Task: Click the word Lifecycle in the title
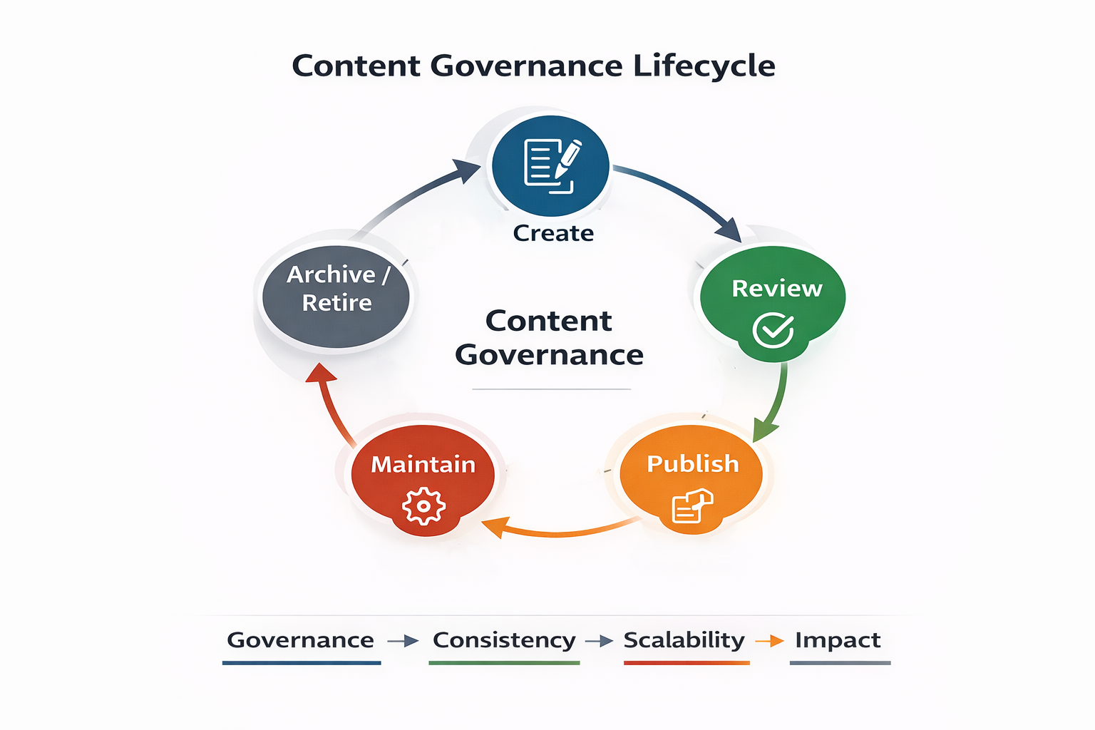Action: tap(704, 66)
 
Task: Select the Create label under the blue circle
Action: tap(553, 233)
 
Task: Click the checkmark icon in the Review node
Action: tap(773, 330)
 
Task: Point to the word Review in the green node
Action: tap(777, 288)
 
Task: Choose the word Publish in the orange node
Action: tap(693, 463)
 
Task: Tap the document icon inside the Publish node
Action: tap(692, 506)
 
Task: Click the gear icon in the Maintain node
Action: tap(423, 506)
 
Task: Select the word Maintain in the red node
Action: tap(423, 464)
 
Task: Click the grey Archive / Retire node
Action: tap(336, 296)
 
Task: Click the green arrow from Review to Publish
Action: tap(775, 403)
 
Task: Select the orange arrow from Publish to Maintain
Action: tap(556, 530)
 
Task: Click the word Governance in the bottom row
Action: tap(300, 640)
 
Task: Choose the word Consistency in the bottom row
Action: tap(504, 640)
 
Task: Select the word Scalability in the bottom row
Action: tap(684, 640)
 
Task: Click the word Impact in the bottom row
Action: tap(838, 640)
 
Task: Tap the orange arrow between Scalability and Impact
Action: tap(769, 642)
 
